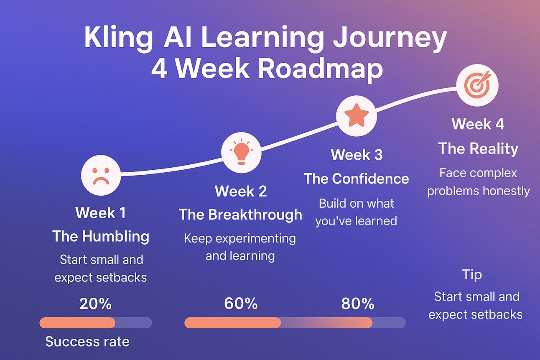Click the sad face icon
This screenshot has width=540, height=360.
click(101, 175)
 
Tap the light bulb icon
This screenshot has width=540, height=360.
click(241, 152)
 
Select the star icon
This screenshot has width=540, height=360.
click(357, 116)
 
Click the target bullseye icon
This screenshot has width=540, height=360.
click(477, 85)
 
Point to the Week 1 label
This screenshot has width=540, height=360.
click(101, 213)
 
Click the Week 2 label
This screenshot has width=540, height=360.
click(241, 191)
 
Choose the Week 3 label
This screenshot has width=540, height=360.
click(357, 155)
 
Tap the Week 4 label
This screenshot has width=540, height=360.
click(478, 124)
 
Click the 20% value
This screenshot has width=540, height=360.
click(95, 304)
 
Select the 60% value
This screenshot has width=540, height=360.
click(241, 303)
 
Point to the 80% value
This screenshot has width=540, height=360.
click(358, 304)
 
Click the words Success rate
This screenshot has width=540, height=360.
click(87, 342)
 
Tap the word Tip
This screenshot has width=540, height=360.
click(472, 275)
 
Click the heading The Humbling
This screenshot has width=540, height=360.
click(101, 236)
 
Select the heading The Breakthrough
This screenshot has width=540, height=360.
click(241, 214)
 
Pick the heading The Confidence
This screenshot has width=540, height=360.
click(357, 179)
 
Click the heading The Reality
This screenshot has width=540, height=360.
click(478, 148)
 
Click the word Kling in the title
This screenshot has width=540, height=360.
click(118, 38)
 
